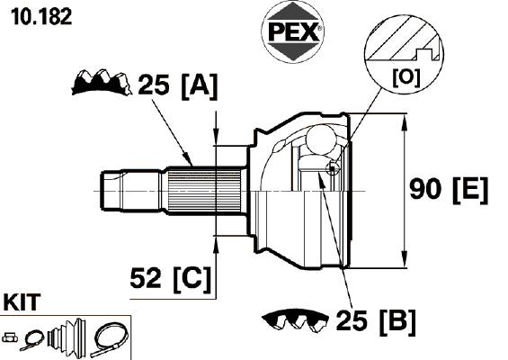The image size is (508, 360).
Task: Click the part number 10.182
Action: pos(41,17)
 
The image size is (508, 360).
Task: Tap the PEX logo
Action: pos(292,31)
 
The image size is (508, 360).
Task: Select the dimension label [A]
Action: pos(200,86)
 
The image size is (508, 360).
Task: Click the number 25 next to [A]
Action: pos(154,85)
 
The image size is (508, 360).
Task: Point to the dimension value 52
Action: pos(145,278)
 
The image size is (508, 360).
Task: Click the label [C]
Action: pos(192,280)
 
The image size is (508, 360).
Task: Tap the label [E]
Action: pos(470,191)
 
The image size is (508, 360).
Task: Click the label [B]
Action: pos(397,322)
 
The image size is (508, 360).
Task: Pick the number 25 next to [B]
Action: pos(352,320)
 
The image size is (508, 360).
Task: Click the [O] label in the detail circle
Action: pos(406,77)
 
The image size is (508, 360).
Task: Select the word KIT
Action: pos(22,302)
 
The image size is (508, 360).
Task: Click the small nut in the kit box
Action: pos(10,337)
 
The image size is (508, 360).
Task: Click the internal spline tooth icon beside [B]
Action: pos(295,320)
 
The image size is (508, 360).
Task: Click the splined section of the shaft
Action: pos(204,191)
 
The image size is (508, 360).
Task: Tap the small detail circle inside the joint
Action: pos(333,168)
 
